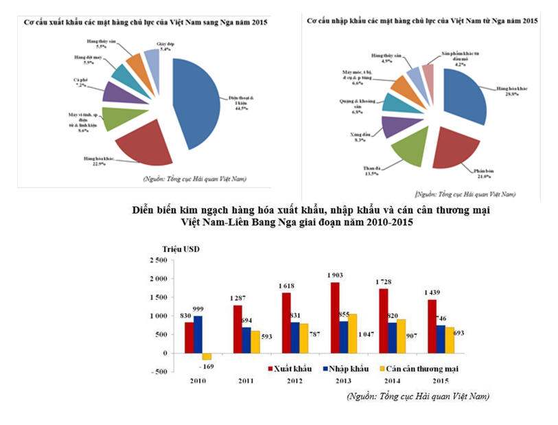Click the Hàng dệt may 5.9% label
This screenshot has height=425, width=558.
[x=87, y=59]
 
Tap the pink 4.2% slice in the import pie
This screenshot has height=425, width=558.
[x=428, y=73]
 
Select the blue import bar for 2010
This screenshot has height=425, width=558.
[x=199, y=334]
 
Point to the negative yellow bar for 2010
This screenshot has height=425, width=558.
[x=207, y=356]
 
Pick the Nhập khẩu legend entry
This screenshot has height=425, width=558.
[x=346, y=369]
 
